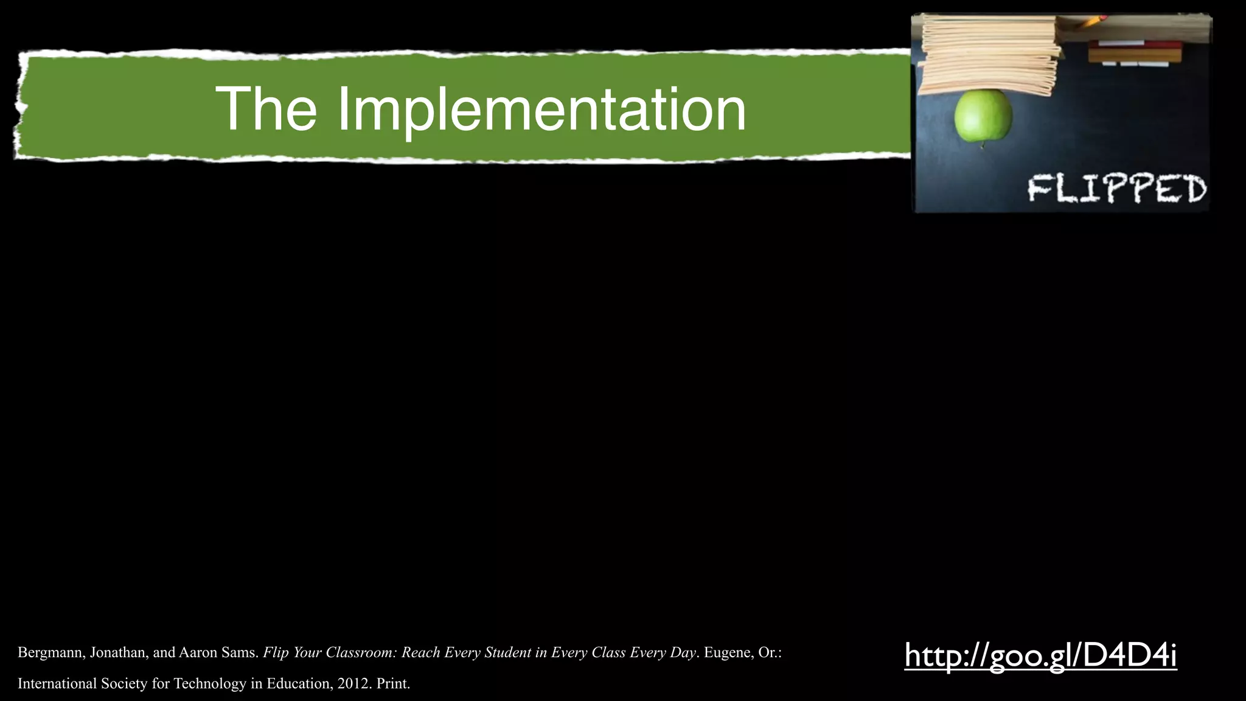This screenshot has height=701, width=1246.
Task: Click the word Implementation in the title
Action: click(541, 110)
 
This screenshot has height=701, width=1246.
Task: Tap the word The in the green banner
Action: click(266, 110)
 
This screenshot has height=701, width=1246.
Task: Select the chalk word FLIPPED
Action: click(1117, 189)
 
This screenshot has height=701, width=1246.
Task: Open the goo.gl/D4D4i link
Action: click(1040, 655)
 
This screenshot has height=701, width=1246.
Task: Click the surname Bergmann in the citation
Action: click(50, 653)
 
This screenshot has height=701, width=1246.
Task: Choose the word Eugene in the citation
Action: click(726, 653)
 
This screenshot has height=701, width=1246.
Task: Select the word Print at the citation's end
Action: click(392, 684)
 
